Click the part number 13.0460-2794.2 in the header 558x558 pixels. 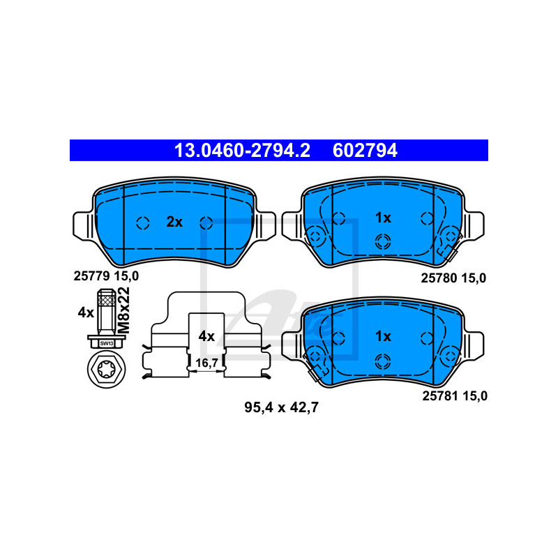pos(242,151)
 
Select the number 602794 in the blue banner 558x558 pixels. pos(365,151)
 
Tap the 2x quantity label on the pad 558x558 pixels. pos(174,222)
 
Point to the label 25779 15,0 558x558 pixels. pos(106,276)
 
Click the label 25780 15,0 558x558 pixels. pos(453,278)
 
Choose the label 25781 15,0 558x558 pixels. pos(455,395)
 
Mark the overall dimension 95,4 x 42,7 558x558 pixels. pos(281,407)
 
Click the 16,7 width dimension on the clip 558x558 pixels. pos(206,363)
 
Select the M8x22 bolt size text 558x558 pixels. pos(124,310)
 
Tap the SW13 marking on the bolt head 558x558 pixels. pos(107,343)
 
